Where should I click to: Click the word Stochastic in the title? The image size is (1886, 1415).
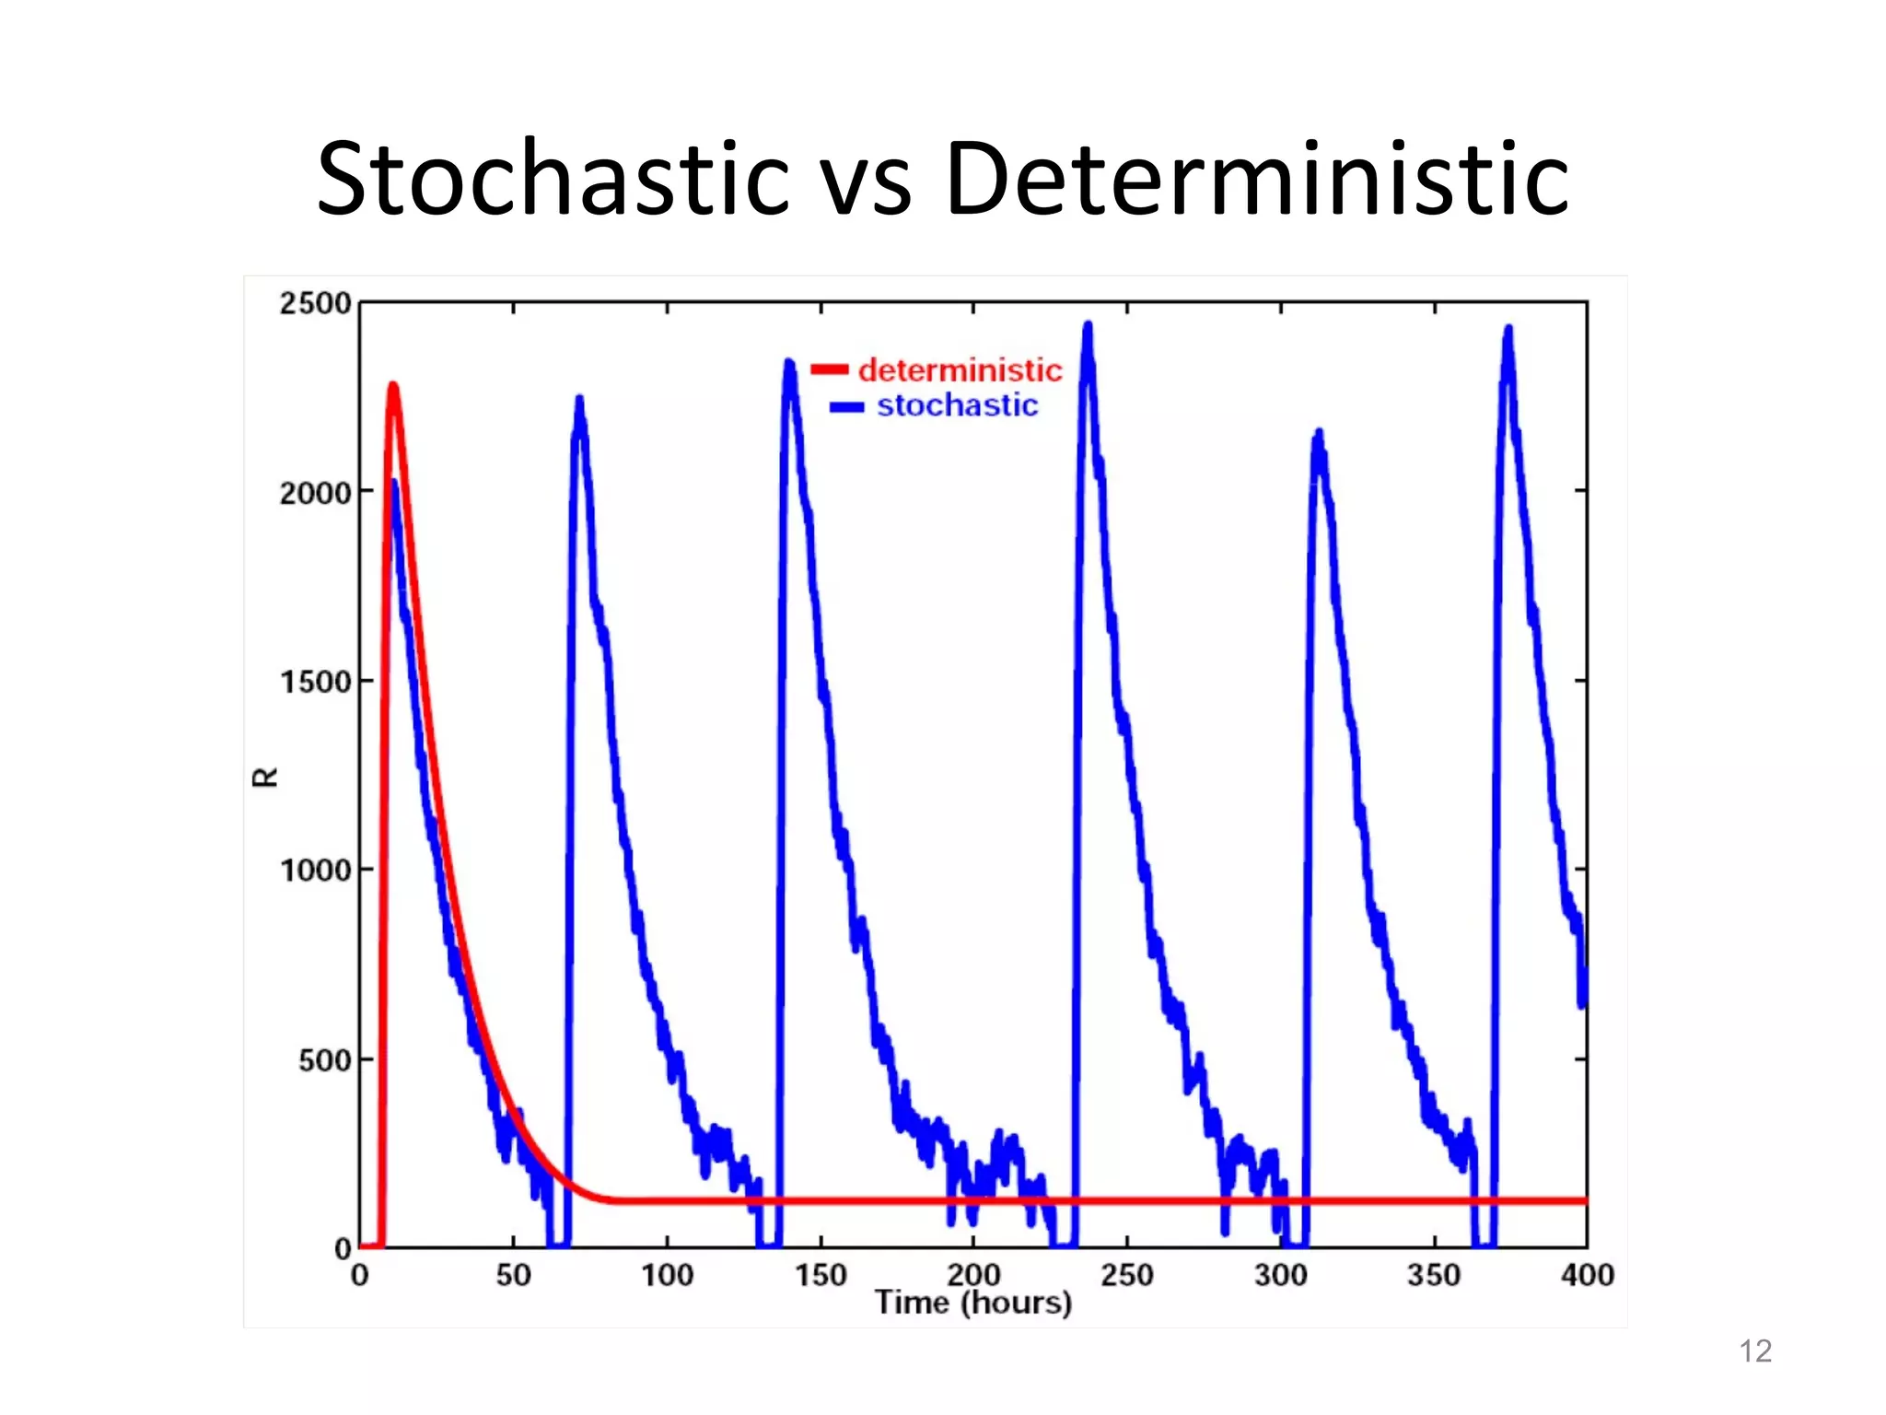(553, 179)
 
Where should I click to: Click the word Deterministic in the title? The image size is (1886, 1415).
(1256, 179)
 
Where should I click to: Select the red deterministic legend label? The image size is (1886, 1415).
(960, 370)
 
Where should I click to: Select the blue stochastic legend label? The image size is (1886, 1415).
(957, 405)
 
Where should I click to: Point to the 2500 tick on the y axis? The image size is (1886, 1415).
(315, 303)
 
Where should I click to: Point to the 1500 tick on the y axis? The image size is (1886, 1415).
(315, 682)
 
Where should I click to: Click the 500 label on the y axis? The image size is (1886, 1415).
(324, 1060)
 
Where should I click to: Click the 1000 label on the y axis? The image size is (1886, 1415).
(315, 871)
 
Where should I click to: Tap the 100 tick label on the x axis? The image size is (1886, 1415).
(667, 1275)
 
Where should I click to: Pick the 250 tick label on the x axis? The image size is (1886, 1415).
(1126, 1275)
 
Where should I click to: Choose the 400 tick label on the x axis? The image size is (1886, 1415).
(1587, 1275)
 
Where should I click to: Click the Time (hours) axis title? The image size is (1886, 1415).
(972, 1303)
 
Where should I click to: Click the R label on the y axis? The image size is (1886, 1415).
(265, 778)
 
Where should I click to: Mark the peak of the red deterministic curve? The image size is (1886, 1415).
(393, 386)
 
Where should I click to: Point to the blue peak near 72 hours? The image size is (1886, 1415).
(579, 399)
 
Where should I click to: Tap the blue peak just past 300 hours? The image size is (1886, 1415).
(1319, 432)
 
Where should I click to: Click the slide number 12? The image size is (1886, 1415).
(1754, 1351)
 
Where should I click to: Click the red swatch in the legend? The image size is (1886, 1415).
(829, 370)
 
